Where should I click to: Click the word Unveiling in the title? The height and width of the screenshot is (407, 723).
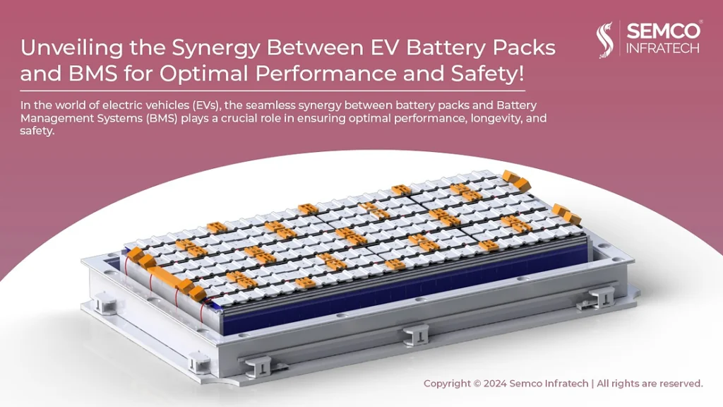pyautogui.click(x=72, y=47)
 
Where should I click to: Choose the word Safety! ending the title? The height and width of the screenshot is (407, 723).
pyautogui.click(x=487, y=73)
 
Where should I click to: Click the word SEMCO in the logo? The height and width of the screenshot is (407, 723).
pyautogui.click(x=663, y=31)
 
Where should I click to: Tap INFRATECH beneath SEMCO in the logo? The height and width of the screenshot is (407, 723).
pyautogui.click(x=662, y=48)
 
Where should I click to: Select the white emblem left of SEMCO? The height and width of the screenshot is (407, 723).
pyautogui.click(x=604, y=40)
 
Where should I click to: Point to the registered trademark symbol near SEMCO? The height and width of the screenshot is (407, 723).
pyautogui.click(x=701, y=21)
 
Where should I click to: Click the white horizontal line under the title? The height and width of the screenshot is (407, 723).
pyautogui.click(x=273, y=91)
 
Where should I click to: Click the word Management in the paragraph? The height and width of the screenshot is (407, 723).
pyautogui.click(x=57, y=119)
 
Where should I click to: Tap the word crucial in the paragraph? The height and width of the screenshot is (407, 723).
pyautogui.click(x=241, y=118)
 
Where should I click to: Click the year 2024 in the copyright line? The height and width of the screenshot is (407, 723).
pyautogui.click(x=495, y=384)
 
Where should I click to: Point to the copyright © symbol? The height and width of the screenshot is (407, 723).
pyautogui.click(x=477, y=384)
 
